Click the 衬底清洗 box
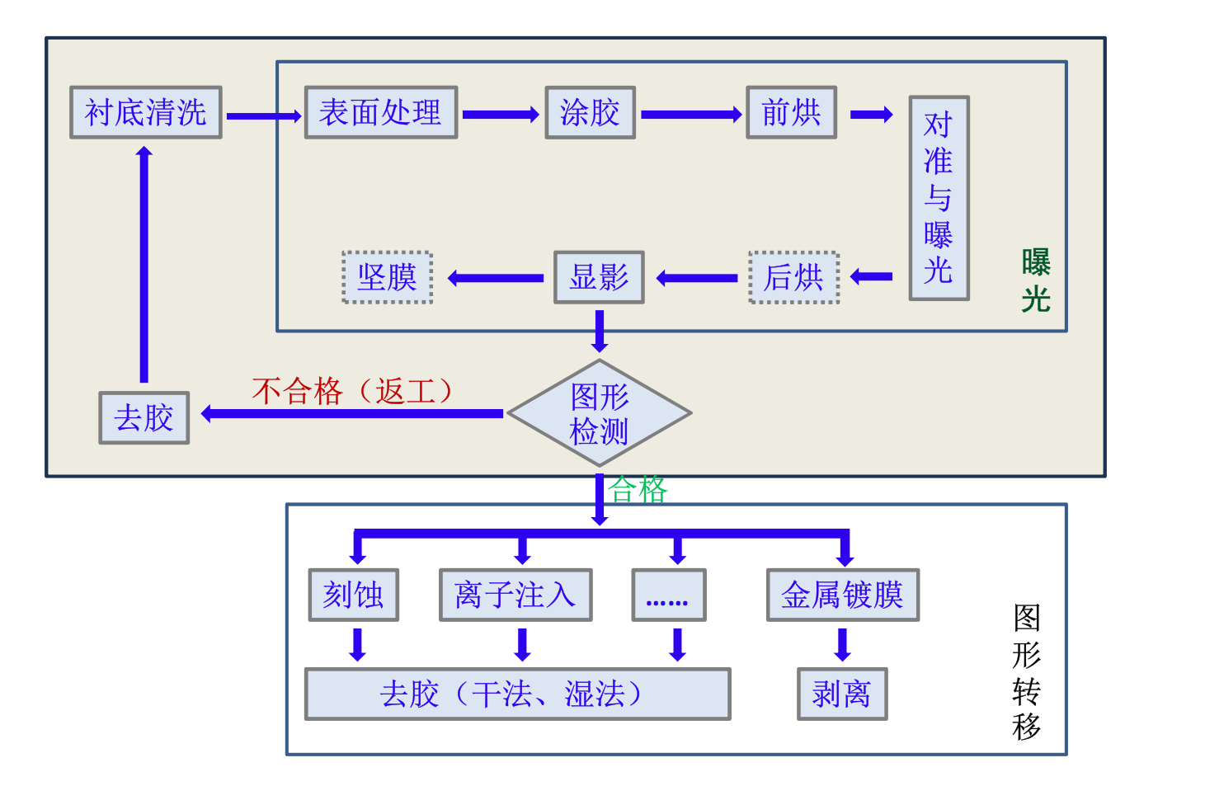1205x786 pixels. pos(146,112)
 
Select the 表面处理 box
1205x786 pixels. pos(380,112)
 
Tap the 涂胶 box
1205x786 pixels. pos(590,112)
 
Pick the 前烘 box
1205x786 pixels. pos(791,112)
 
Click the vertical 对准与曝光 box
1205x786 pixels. pos(939,198)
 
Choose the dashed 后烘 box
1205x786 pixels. pos(793,278)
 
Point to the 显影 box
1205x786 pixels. pos(599,277)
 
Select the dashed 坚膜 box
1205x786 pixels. pos(388,278)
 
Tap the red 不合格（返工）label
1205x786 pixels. pos(353,390)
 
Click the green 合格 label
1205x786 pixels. pos(638,490)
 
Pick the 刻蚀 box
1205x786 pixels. pos(353,595)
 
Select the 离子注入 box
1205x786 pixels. pos(515,595)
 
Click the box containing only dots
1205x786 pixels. pos(668,595)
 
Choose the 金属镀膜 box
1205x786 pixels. pos(842,595)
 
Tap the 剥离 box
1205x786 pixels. pos(842,694)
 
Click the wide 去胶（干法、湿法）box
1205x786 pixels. pos(517,694)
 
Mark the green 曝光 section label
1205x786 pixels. pos(1036,280)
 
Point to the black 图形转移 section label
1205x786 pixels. pos(1027,672)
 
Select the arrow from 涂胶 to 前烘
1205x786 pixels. pos(691,115)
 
